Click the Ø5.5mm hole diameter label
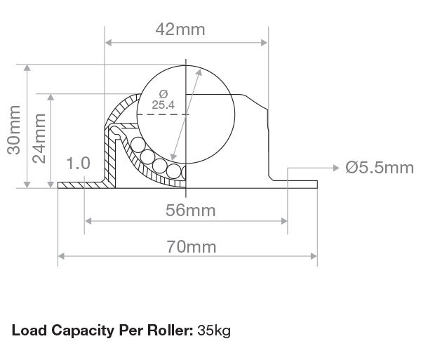(380, 168)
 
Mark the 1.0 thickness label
(78, 164)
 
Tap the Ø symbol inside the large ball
(163, 94)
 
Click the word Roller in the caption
(169, 329)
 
